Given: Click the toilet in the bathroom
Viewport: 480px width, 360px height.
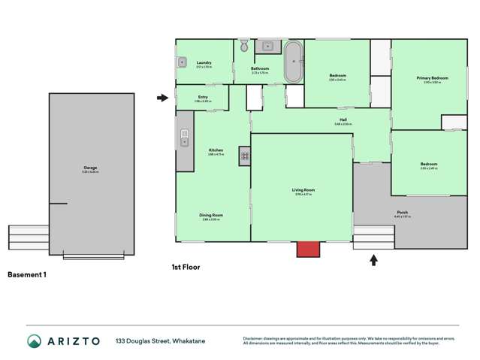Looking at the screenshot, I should point(244,47).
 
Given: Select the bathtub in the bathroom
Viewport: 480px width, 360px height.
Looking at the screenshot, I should point(292,62).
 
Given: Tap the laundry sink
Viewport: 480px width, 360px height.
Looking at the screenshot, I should point(182,62).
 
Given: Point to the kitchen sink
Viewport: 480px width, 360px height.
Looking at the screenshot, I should point(184,138).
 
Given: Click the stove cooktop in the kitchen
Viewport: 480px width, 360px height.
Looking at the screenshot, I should point(244,156).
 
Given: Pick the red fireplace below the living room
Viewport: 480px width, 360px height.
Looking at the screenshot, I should point(308,249).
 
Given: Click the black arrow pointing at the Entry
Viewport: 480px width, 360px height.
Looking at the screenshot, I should point(163,98).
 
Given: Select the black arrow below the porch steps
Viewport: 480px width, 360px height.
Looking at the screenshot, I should point(373,260).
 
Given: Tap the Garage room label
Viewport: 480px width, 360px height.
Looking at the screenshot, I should point(91,168).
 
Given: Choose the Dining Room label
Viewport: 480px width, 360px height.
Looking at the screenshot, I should point(211,215).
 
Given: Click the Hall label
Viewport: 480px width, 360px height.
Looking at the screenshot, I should point(343,119).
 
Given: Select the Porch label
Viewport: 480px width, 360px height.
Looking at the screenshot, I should point(403,212).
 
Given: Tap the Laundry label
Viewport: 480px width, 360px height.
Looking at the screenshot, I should point(204,62).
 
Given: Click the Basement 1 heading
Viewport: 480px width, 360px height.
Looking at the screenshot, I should point(27,275).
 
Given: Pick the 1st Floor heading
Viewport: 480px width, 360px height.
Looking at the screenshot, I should point(186,266).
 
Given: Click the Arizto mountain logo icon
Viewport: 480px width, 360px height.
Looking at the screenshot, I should point(34,341).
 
